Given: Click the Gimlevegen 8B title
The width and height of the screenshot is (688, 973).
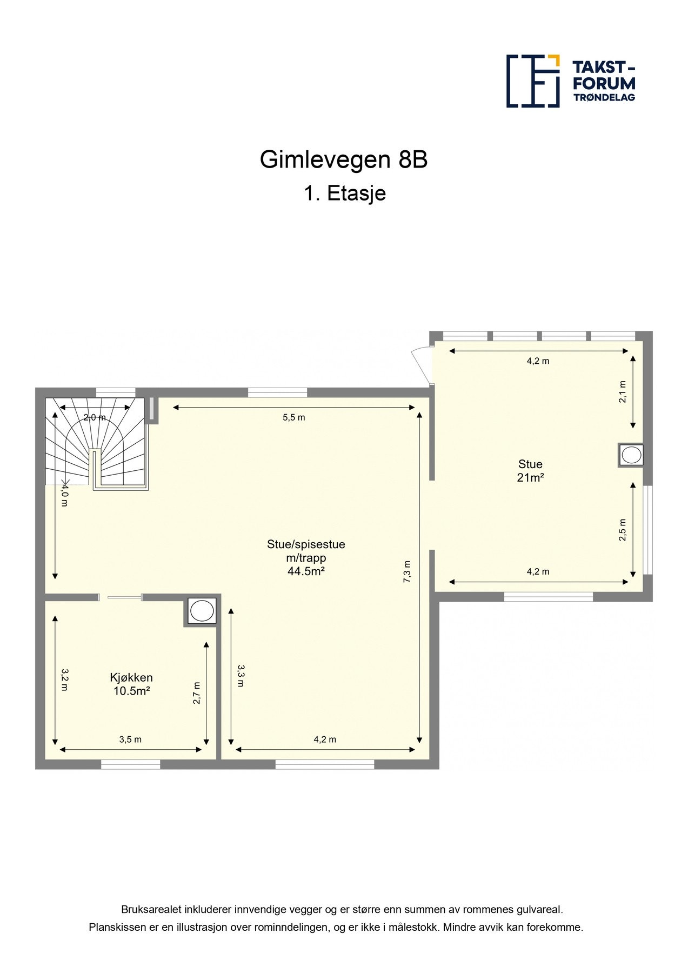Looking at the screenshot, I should (344, 160).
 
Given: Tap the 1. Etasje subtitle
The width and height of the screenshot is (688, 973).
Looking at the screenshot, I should (344, 194).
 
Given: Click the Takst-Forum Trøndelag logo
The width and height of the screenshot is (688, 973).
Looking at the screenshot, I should (570, 81).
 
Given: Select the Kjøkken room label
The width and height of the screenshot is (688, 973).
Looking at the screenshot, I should (131, 677).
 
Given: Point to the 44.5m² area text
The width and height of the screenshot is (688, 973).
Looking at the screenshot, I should (306, 571).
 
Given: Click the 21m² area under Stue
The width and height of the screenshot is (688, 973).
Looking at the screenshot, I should (530, 477).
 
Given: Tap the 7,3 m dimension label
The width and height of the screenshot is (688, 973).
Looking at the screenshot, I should (407, 571).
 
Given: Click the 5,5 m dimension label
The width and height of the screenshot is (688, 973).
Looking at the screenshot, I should (293, 417).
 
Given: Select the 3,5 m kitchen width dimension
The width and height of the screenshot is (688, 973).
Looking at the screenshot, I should (130, 739).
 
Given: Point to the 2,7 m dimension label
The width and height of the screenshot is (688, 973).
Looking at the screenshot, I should (197, 692).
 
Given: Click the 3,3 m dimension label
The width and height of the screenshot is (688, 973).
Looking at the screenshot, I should (241, 676).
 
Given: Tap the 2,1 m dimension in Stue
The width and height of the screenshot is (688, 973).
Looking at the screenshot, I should (623, 391).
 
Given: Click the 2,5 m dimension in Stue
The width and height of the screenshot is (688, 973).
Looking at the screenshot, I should (623, 530).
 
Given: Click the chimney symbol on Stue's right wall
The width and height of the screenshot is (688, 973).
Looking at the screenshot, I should (631, 455).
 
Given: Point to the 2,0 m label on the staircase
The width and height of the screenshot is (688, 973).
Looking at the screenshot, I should (95, 417).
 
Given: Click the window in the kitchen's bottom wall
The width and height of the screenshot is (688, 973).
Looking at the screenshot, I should (131, 764).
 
